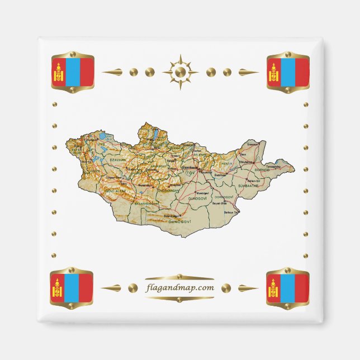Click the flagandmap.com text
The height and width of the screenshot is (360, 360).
point(179,288)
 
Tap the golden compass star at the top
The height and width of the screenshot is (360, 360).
point(180,72)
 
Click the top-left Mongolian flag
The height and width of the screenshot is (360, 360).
point(72,72)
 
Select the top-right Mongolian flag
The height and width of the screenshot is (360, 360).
point(288,72)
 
